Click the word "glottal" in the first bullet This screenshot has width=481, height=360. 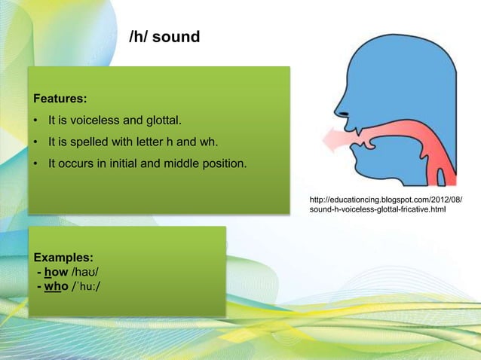(x=163, y=120)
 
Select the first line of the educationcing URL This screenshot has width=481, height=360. (x=386, y=200)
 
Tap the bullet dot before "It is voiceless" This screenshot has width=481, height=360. (x=35, y=120)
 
